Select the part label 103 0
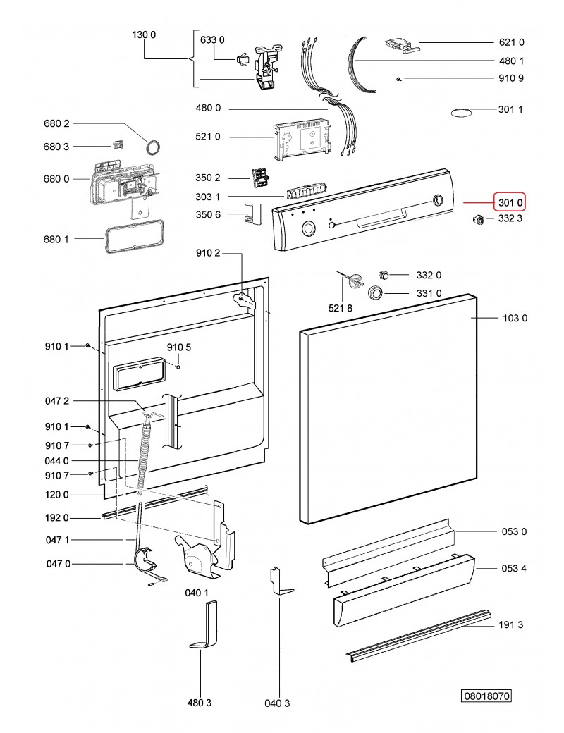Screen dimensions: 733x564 click(514, 319)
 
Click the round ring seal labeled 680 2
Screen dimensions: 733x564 click(152, 147)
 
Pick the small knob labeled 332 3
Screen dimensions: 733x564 click(479, 221)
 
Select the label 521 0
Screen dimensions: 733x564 click(208, 137)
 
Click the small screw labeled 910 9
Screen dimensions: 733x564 click(399, 79)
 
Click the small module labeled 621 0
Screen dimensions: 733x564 click(400, 45)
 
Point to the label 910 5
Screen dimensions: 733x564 click(179, 347)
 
